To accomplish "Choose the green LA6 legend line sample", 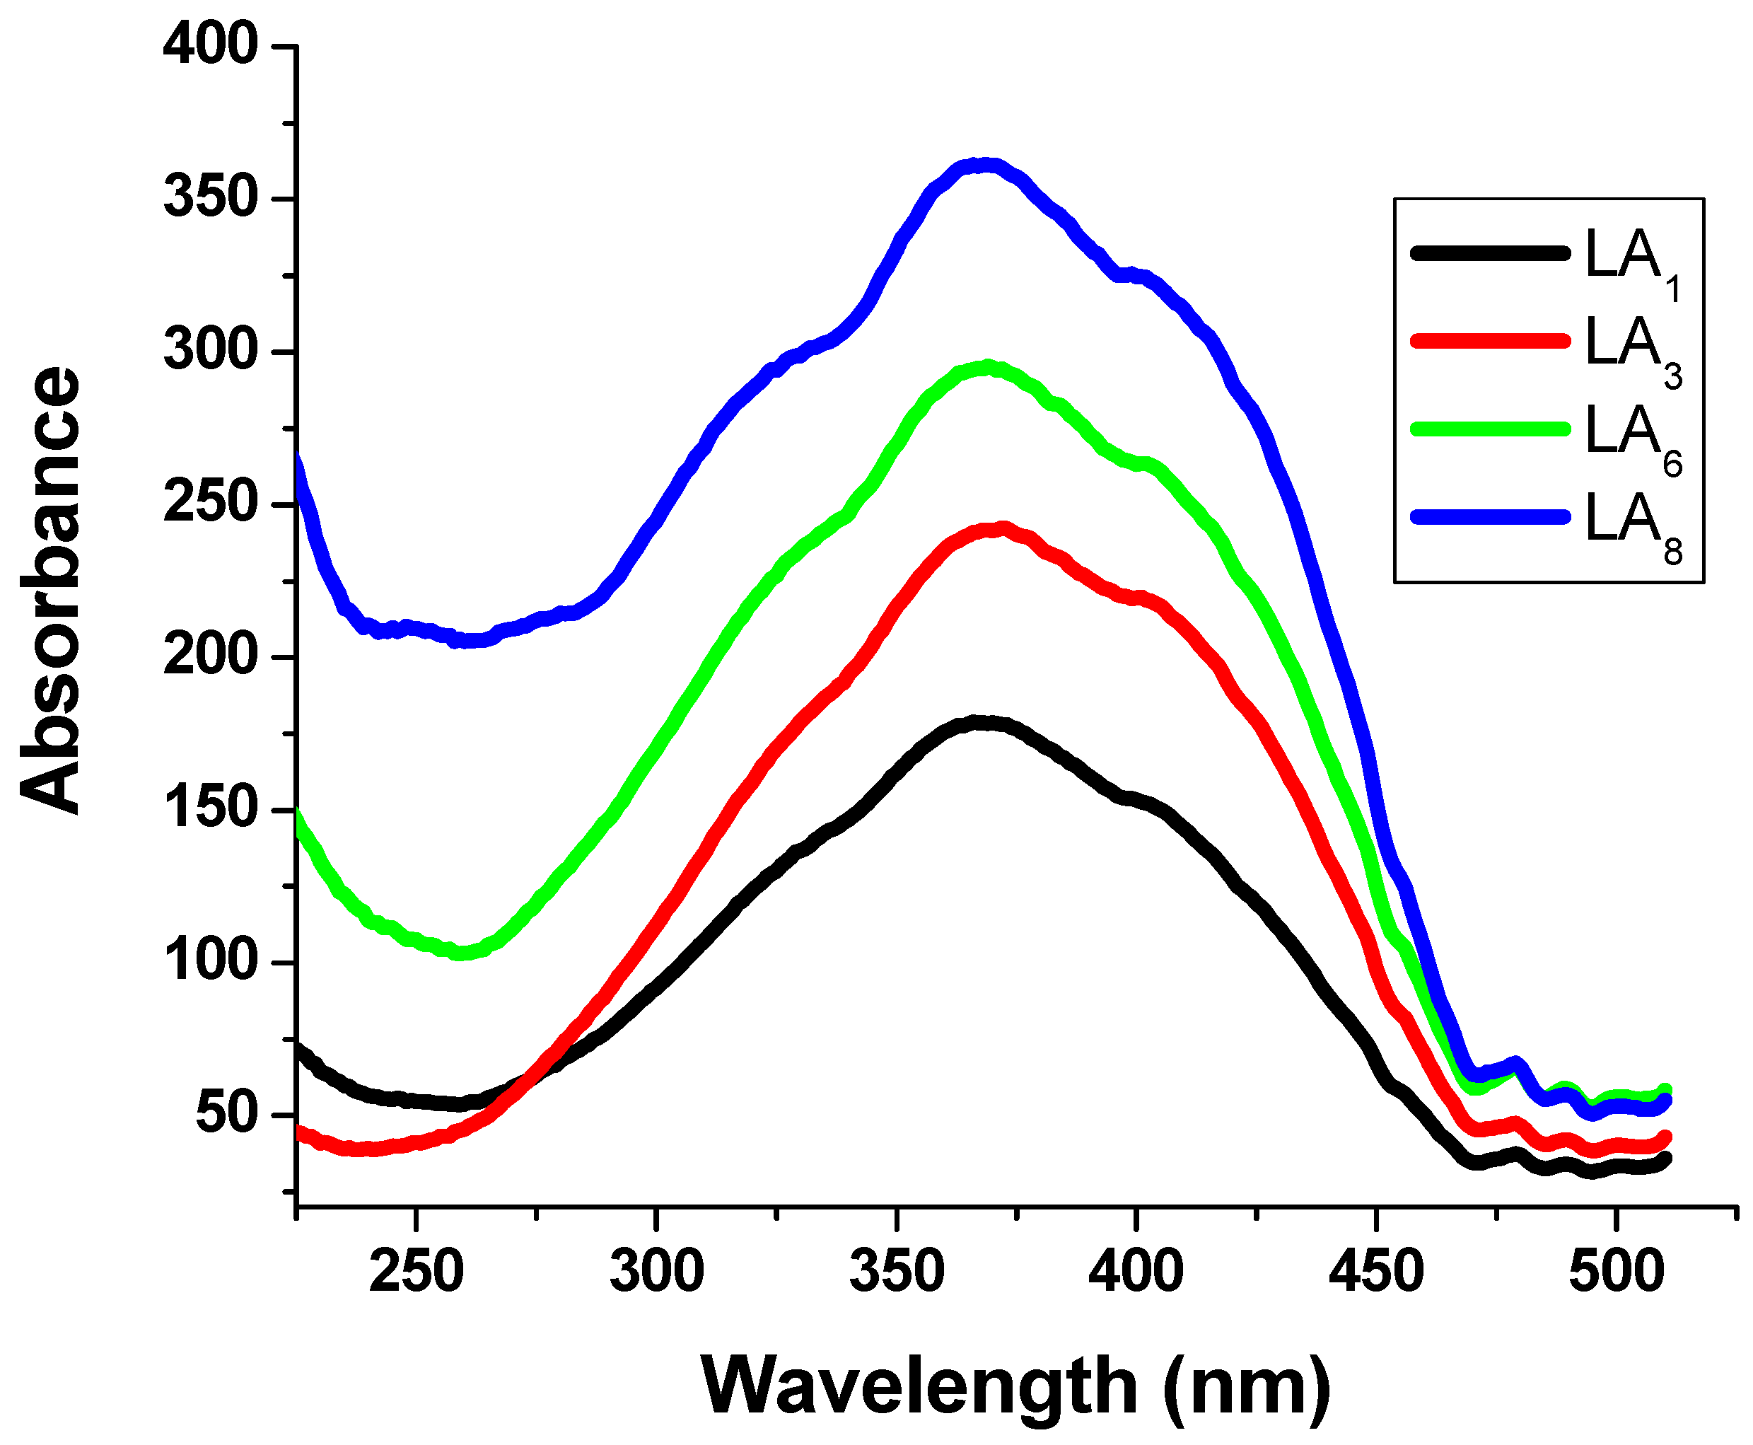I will pyautogui.click(x=1490, y=429).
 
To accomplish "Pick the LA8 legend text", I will pyautogui.click(x=1631, y=523).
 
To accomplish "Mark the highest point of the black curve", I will pyautogui.click(x=982, y=724).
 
